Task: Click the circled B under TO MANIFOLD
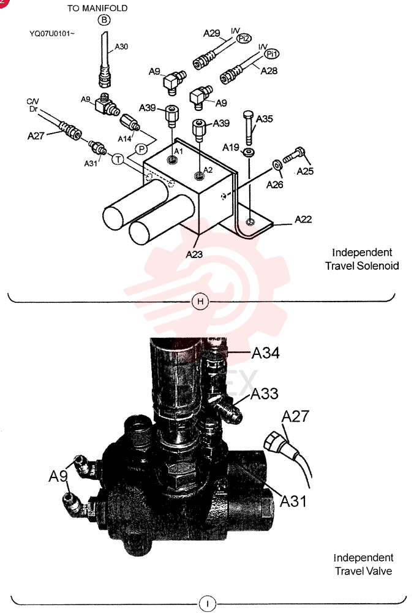pyautogui.click(x=104, y=20)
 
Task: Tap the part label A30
pyautogui.click(x=121, y=47)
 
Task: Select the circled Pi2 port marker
pyautogui.click(x=244, y=38)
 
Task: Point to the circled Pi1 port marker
pyautogui.click(x=272, y=54)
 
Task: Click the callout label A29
pyautogui.click(x=212, y=33)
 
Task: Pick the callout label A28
pyautogui.click(x=269, y=70)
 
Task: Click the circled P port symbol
pyautogui.click(x=141, y=149)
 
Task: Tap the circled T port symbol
pyautogui.click(x=118, y=159)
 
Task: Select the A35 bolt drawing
pyautogui.click(x=249, y=127)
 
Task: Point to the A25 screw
pyautogui.click(x=294, y=155)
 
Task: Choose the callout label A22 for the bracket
pyautogui.click(x=303, y=219)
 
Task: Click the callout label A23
pyautogui.click(x=194, y=254)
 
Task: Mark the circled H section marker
pyautogui.click(x=200, y=302)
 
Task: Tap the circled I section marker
pyautogui.click(x=208, y=603)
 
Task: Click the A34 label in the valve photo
pyautogui.click(x=266, y=353)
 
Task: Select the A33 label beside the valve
pyautogui.click(x=265, y=394)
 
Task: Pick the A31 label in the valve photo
pyautogui.click(x=293, y=501)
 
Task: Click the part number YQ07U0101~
pyautogui.click(x=52, y=34)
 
